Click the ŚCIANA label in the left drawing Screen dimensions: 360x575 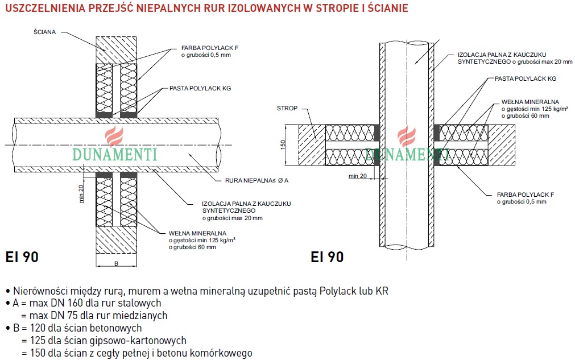point(44,32)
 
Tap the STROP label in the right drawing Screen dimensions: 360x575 point(287,108)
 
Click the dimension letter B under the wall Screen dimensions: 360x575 point(116,263)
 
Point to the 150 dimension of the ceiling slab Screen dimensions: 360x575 point(283,146)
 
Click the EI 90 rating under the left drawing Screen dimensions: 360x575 point(22,257)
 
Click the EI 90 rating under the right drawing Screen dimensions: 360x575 point(327,257)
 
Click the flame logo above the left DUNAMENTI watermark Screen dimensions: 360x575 point(113,136)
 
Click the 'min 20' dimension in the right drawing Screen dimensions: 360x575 point(358,176)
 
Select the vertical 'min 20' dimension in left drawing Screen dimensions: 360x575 point(81,193)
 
